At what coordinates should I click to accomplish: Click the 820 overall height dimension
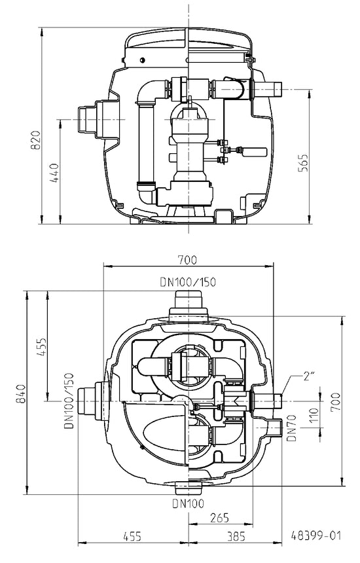pos(36,140)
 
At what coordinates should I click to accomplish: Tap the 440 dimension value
pos(55,173)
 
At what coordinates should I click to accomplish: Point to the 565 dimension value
pos(304,162)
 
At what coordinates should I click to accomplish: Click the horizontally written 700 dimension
pos(187,259)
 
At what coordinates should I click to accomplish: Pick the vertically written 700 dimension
pos(335,403)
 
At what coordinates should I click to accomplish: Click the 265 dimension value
pos(219,517)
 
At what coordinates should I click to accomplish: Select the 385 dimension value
pos(236,536)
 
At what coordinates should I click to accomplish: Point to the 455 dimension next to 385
pos(132,536)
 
